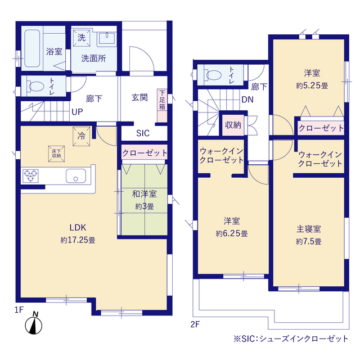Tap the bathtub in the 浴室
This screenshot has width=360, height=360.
[32, 48]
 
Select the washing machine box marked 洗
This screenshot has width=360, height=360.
[82, 38]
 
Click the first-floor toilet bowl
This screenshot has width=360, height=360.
[36, 87]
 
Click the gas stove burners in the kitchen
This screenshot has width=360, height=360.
[30, 176]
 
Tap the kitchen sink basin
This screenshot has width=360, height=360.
[76, 176]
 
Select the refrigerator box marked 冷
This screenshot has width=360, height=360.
[81, 136]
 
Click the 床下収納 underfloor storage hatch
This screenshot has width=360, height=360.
[56, 154]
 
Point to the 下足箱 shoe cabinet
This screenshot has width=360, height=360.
[162, 106]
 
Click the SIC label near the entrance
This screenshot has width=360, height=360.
[143, 133]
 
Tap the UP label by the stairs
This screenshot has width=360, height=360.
[77, 112]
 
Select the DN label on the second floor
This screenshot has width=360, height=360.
[247, 100]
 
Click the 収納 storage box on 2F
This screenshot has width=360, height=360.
[233, 125]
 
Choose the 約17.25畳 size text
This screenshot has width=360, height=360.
[78, 240]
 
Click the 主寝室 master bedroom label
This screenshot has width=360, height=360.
[309, 229]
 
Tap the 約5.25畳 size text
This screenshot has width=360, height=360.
[312, 86]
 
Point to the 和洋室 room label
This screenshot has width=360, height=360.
[144, 194]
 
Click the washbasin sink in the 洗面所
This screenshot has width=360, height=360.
[107, 38]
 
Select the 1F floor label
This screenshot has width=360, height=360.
[19, 310]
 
